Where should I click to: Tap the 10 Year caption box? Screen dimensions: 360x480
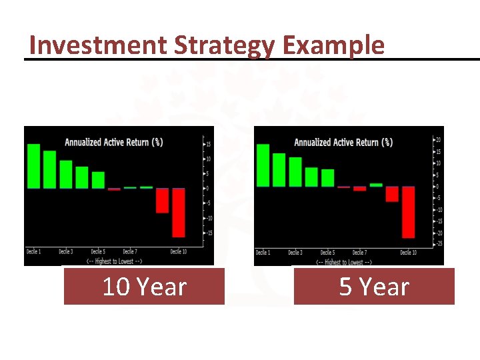coord(144,287)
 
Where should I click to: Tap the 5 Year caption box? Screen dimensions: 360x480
coord(374,287)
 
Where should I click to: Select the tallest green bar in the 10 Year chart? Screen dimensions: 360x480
coord(33,166)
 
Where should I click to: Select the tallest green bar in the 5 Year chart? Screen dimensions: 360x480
coord(263,165)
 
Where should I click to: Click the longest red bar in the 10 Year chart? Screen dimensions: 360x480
coord(178,212)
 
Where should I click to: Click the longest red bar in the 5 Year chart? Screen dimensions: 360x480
coord(408,212)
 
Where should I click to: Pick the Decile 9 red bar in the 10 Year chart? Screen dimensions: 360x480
coord(162,200)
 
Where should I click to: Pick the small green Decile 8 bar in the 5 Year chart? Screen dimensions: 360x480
coord(376,185)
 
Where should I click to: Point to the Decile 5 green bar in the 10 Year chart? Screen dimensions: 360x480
coord(98,180)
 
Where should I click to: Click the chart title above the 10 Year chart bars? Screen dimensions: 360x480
coord(113,142)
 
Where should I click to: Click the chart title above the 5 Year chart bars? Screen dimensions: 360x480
coord(343,142)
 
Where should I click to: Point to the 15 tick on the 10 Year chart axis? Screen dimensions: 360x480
coord(208,144)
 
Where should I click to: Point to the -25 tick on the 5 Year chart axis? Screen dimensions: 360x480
coord(438,244)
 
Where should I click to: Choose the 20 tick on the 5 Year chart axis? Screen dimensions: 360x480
coord(438,140)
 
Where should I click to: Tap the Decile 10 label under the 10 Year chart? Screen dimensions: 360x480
coord(179,251)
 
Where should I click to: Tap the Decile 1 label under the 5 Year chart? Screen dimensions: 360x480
coord(263,253)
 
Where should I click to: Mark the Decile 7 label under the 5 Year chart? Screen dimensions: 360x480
coord(359,253)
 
